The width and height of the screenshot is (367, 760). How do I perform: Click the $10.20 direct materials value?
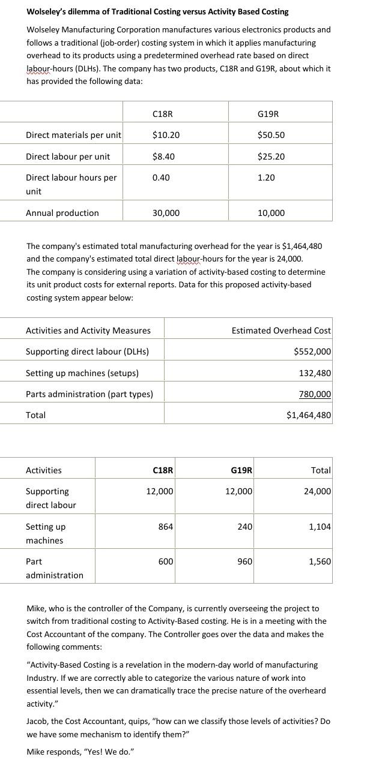(x=166, y=135)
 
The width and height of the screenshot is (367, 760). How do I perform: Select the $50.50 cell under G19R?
(x=271, y=135)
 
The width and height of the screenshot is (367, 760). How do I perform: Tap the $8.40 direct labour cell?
(x=163, y=157)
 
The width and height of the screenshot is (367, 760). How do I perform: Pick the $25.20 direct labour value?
(x=271, y=157)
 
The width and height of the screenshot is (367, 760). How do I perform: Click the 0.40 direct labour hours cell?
(x=161, y=178)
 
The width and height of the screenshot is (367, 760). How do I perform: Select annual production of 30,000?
(x=166, y=213)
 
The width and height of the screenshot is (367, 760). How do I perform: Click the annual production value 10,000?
(x=271, y=213)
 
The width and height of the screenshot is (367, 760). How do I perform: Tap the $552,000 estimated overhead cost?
(x=312, y=352)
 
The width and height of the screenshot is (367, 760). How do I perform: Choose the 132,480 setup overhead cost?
(x=315, y=373)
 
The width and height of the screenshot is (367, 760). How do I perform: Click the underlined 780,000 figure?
(x=315, y=394)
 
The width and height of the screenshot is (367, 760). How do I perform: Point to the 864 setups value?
(x=166, y=527)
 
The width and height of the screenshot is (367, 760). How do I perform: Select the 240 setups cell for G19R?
(x=245, y=527)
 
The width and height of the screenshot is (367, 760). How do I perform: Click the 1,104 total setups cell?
(x=320, y=527)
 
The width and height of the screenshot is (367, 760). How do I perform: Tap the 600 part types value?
(x=166, y=561)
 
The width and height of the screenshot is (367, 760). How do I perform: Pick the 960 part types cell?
(x=245, y=561)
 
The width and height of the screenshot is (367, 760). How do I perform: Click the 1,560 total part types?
(x=320, y=561)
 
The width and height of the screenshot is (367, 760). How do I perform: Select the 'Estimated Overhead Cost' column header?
(x=281, y=331)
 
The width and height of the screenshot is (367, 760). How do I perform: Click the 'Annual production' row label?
(x=62, y=213)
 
